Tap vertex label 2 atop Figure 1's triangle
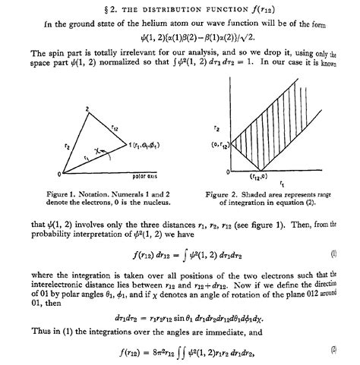pos(87,110)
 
